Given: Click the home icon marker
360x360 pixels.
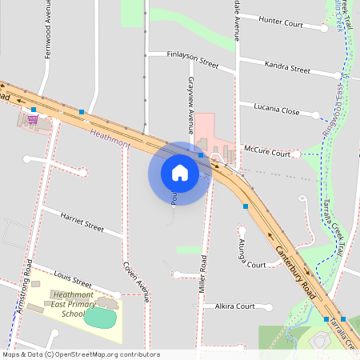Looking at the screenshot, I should click(180, 173).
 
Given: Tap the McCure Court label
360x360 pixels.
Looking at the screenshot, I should click(267, 150).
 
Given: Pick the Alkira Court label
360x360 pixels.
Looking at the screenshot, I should click(234, 306).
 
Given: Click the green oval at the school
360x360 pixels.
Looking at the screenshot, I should click(100, 318).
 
